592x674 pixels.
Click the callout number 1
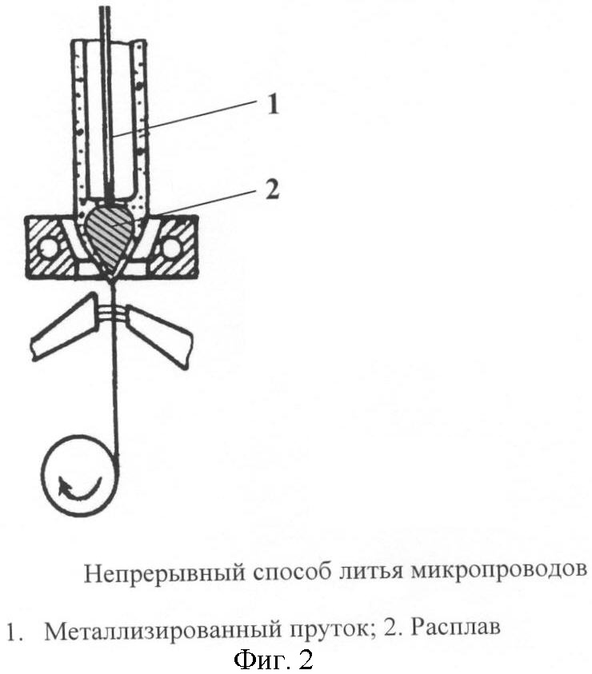pyautogui.click(x=273, y=106)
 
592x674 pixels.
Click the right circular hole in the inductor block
pyautogui.click(x=171, y=248)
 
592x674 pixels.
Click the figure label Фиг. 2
pyautogui.click(x=273, y=660)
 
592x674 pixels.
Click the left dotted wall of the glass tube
pyautogui.click(x=79, y=120)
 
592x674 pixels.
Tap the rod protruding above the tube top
pyautogui.click(x=103, y=20)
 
